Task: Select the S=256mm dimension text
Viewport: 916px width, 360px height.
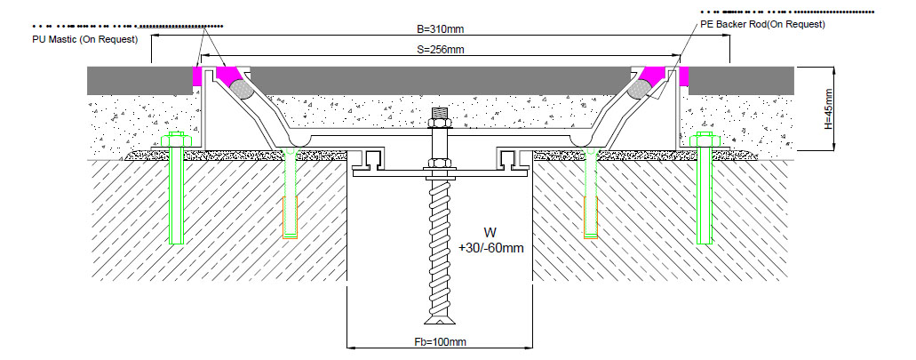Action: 441,50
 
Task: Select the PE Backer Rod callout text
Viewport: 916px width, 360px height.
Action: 762,24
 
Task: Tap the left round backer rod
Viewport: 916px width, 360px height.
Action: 241,89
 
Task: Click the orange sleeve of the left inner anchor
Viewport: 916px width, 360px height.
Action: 290,219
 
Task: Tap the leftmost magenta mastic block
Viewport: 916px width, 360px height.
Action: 197,76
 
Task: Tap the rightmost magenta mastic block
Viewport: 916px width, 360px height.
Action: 684,76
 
